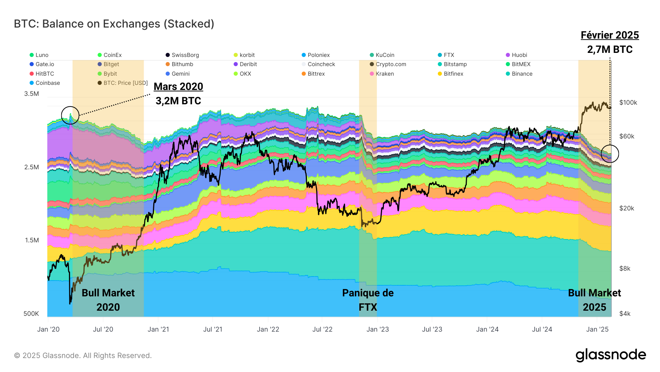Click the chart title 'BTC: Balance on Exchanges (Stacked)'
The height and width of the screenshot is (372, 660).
click(114, 24)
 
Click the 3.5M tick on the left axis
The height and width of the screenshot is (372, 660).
click(32, 94)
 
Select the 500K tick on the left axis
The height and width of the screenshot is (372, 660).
click(31, 314)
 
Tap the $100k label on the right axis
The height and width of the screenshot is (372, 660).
click(628, 102)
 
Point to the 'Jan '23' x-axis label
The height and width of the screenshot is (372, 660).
click(378, 329)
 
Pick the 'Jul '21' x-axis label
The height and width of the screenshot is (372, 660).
click(213, 329)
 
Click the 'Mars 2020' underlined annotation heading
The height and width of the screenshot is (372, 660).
click(178, 87)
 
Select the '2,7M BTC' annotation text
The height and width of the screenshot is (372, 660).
click(610, 50)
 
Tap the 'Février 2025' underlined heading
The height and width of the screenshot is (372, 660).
click(610, 35)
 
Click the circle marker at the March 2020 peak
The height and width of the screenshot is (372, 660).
click(70, 115)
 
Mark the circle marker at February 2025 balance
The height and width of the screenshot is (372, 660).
click(610, 154)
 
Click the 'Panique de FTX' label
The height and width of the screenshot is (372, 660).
click(368, 300)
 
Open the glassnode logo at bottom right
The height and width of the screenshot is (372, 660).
click(610, 355)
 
